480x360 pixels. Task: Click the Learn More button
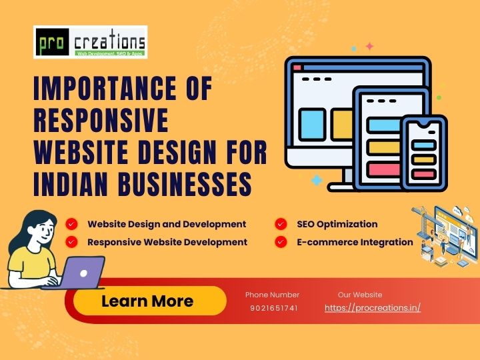click(x=147, y=301)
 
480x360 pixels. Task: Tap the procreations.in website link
click(x=373, y=308)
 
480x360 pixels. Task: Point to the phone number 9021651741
click(x=274, y=308)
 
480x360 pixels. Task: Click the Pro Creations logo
click(x=90, y=42)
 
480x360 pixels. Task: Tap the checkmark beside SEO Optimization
click(x=281, y=224)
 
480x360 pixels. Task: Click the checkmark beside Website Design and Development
click(x=71, y=224)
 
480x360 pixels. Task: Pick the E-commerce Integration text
click(x=355, y=242)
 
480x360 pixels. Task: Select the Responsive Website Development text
click(x=167, y=242)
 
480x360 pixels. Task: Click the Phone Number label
click(x=272, y=295)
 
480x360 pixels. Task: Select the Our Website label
click(x=360, y=295)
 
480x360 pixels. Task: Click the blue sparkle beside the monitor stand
click(x=317, y=180)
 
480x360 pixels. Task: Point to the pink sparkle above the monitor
click(x=369, y=46)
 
